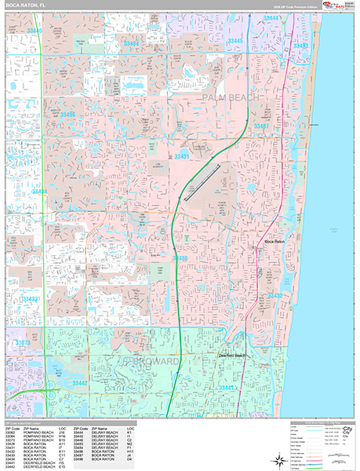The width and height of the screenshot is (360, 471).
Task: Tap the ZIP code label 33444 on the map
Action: pos(271,16)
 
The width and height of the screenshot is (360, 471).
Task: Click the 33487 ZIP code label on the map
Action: pos(261,126)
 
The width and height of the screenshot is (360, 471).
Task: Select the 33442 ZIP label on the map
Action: pos(80,382)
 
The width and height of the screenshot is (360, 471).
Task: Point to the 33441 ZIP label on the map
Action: pos(227,388)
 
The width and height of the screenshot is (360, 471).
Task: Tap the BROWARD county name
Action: pos(154,361)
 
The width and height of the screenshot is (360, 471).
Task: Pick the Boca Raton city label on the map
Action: pos(275,243)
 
